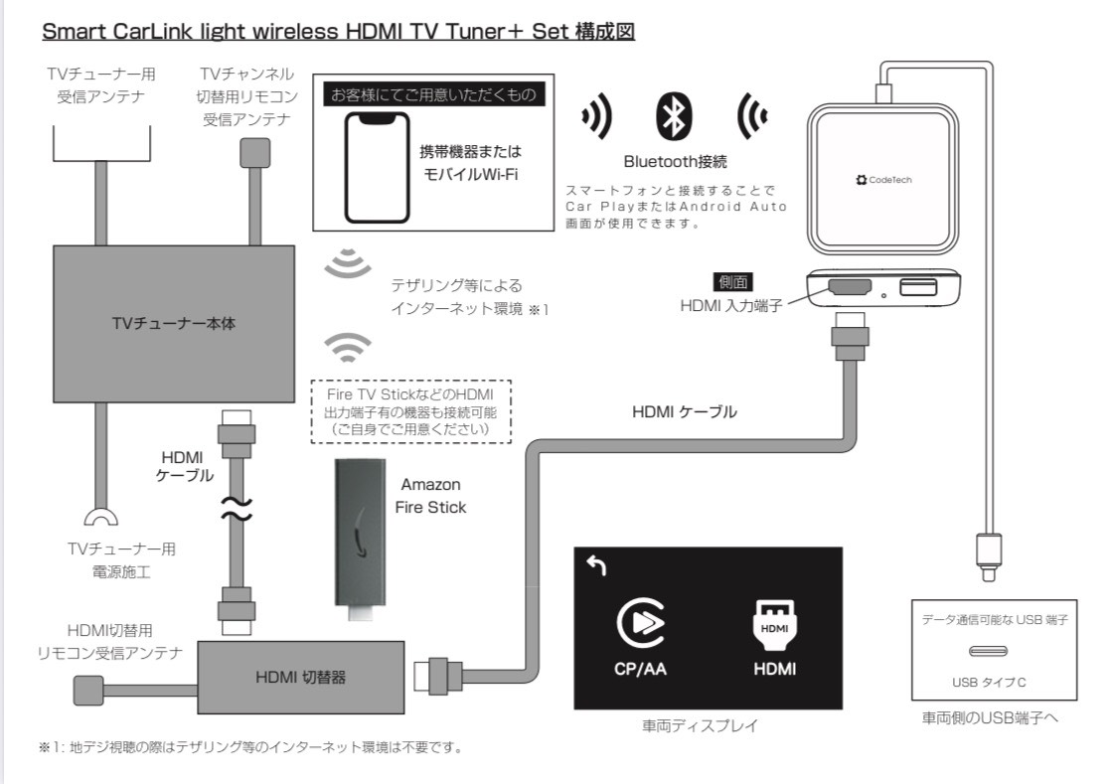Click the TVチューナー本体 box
pos(173,324)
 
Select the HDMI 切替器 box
pos(300,679)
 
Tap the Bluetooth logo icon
pos(672,116)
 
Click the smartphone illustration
pos(377,166)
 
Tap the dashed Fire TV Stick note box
pos(410,408)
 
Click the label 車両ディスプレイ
pos(708,725)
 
